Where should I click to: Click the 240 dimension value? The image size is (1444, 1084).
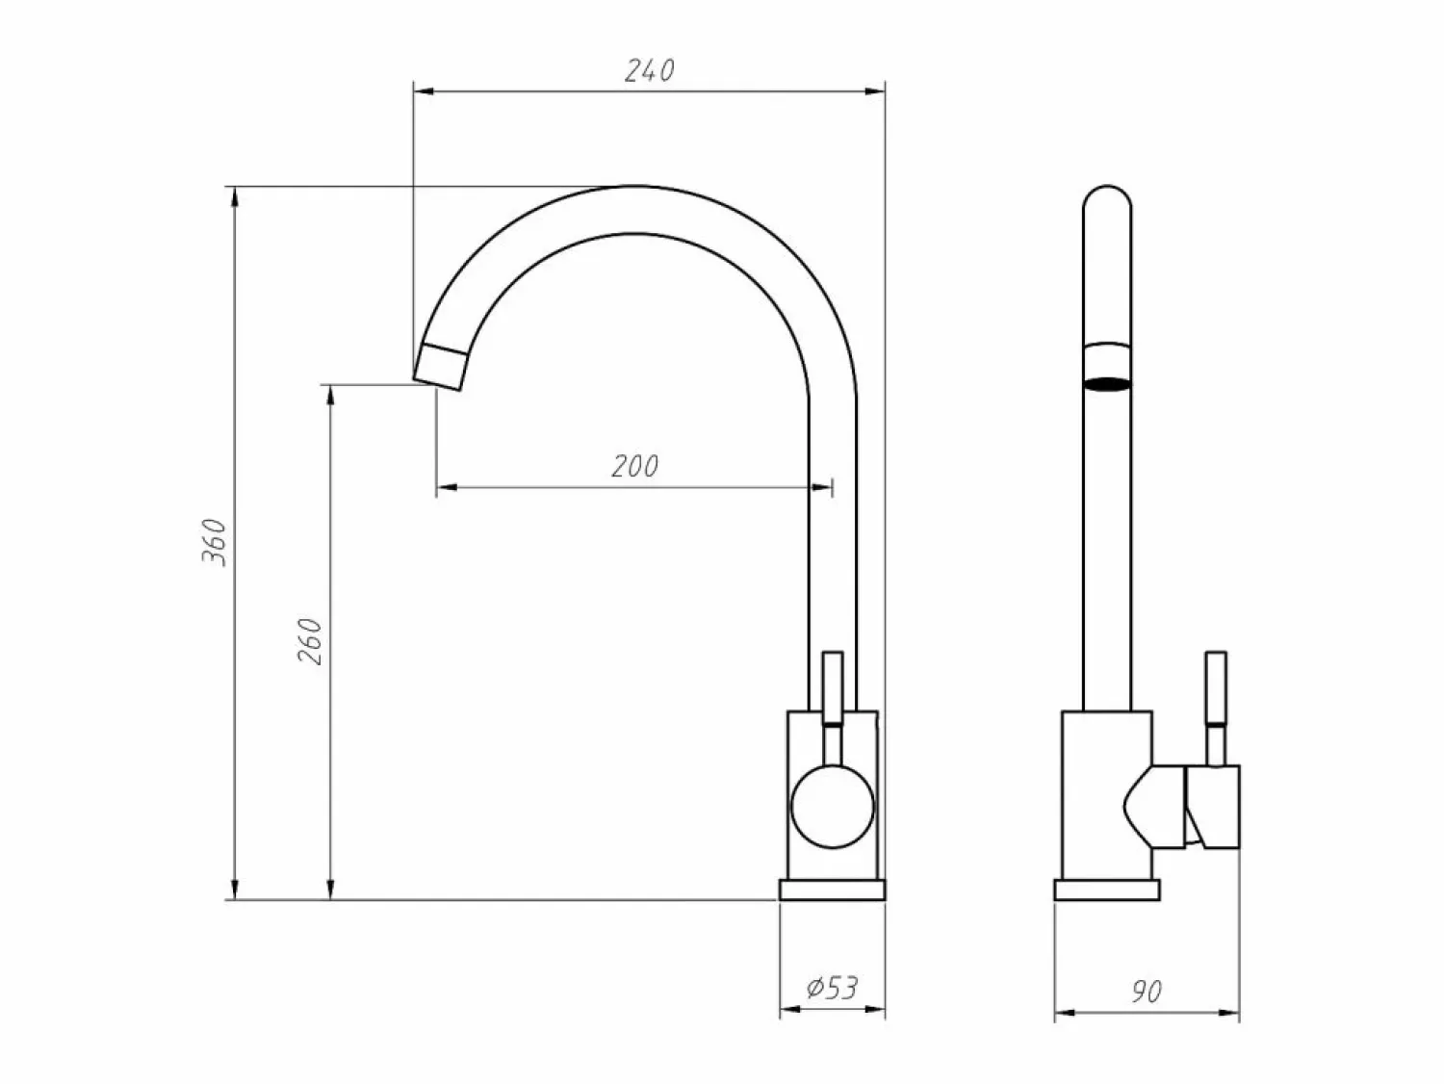point(649,70)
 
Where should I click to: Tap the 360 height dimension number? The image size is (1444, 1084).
point(215,542)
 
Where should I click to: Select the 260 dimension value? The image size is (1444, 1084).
point(310,641)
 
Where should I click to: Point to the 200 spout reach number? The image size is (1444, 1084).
point(634,466)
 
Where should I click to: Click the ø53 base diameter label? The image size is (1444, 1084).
point(832,988)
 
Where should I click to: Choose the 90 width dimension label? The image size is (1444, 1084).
point(1147,992)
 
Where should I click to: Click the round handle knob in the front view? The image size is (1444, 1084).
point(833,807)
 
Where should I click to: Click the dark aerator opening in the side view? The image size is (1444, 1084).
point(1107,384)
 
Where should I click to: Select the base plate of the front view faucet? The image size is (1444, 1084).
point(832,890)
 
